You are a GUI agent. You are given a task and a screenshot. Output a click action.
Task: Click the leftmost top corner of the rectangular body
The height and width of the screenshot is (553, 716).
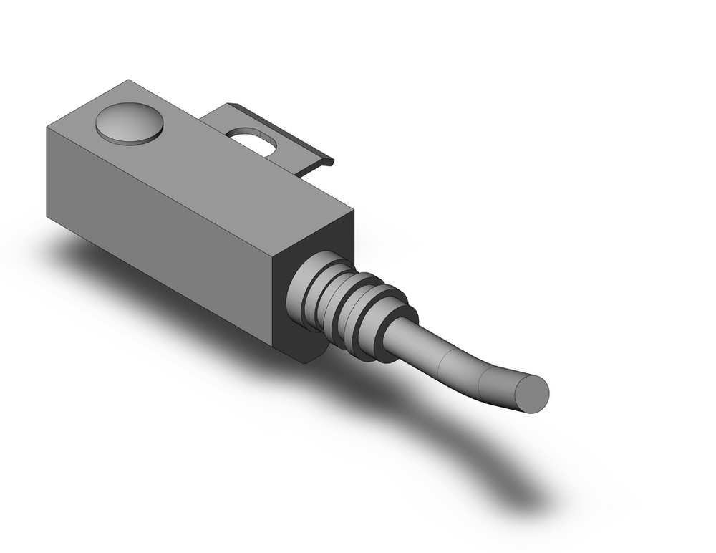(x=47, y=129)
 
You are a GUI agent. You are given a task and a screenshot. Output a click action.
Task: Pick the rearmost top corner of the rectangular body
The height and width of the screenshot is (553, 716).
(x=129, y=80)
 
